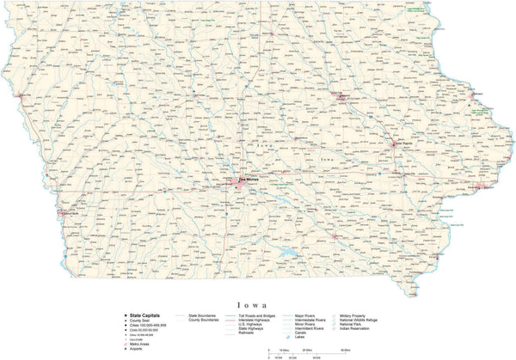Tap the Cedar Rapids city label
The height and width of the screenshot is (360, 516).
coord(398,141)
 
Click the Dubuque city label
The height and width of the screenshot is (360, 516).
coord(478,95)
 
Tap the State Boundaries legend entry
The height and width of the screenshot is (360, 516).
coord(199,315)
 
